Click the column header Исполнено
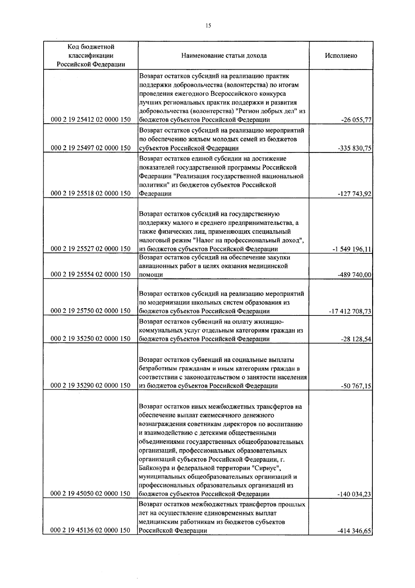(x=341, y=56)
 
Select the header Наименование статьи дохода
(x=224, y=56)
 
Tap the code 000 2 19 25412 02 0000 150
(x=91, y=120)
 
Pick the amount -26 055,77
(x=356, y=120)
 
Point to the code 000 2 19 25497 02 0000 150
(x=91, y=148)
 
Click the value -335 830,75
(x=354, y=149)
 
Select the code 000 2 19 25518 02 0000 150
(x=91, y=194)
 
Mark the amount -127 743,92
(x=354, y=194)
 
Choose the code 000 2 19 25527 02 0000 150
(x=91, y=249)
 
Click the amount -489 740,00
(x=354, y=275)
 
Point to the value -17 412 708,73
(x=350, y=311)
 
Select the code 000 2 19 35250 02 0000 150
(x=91, y=339)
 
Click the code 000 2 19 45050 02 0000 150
(x=91, y=494)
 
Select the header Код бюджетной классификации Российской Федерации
(x=91, y=56)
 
